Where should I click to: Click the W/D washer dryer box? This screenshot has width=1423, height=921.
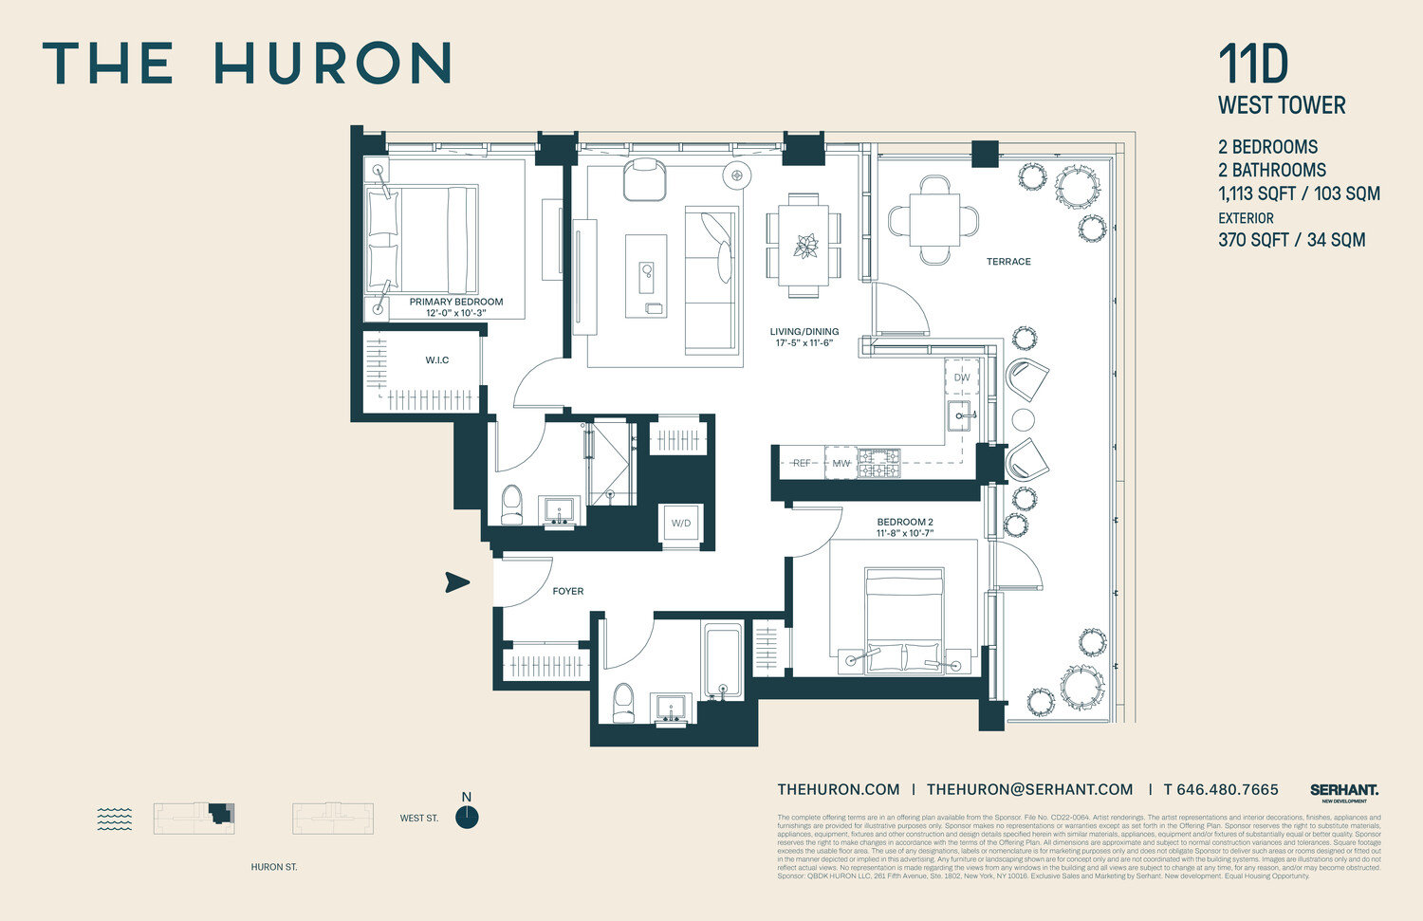click(x=681, y=524)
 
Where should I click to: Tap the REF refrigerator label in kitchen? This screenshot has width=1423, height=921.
click(x=802, y=464)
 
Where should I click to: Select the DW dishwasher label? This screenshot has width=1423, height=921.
click(x=962, y=378)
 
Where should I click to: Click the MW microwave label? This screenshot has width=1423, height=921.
click(x=841, y=464)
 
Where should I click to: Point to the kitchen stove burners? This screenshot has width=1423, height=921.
click(x=879, y=463)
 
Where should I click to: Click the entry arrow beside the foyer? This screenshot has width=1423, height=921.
click(x=458, y=582)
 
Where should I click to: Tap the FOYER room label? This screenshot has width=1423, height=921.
click(x=568, y=591)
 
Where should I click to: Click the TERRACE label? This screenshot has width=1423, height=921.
click(x=1008, y=262)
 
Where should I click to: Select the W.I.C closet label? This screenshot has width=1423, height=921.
click(x=437, y=360)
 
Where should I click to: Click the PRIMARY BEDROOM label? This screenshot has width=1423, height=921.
click(x=456, y=302)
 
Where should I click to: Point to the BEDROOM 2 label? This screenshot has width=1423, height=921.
click(x=905, y=522)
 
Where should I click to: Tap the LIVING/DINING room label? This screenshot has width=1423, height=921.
click(x=804, y=332)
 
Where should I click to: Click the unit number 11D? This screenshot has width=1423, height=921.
click(x=1253, y=64)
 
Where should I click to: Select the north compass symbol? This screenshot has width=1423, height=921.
click(x=467, y=817)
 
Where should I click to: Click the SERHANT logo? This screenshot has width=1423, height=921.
click(x=1344, y=790)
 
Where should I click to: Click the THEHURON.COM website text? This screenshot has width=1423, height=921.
click(x=839, y=789)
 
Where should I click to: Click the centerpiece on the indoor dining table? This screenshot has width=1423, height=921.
click(x=804, y=246)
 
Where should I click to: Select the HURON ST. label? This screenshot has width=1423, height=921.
click(x=274, y=867)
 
